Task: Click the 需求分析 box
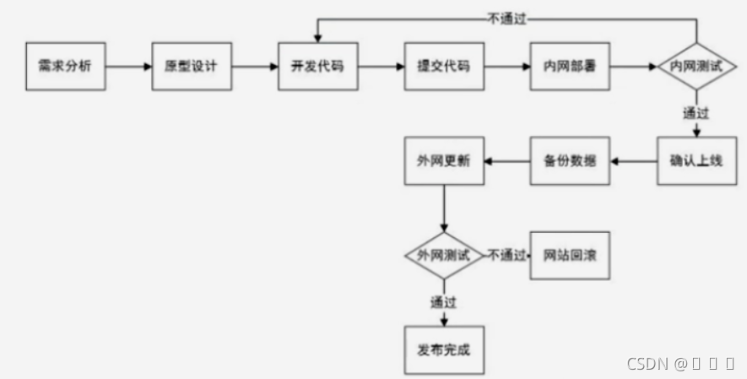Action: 65,64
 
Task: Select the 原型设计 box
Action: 191,64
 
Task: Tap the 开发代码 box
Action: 317,64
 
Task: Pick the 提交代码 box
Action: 444,64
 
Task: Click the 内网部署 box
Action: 570,64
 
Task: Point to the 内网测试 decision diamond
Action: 696,65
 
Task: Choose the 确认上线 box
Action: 696,160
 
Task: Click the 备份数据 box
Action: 570,160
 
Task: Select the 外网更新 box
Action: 444,160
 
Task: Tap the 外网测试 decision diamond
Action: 444,254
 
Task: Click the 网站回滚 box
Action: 570,254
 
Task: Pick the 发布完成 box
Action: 444,348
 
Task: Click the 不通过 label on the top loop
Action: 507,16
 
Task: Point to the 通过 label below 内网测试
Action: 696,111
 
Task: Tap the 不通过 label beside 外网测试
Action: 507,254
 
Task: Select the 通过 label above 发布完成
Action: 444,301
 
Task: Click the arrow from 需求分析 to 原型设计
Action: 127,64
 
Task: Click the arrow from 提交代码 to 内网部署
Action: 506,64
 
